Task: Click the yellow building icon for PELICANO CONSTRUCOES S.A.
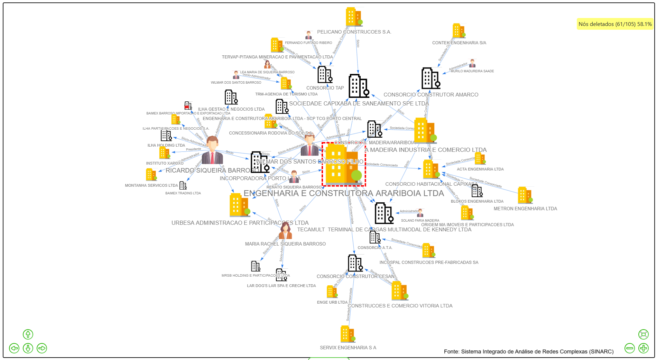click(353, 17)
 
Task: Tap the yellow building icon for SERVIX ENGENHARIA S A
click(347, 334)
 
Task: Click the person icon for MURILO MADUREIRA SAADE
click(472, 64)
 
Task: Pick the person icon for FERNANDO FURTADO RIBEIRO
click(308, 35)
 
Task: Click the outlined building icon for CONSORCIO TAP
click(325, 74)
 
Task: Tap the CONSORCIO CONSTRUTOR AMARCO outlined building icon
click(430, 79)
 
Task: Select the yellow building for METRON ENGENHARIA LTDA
click(525, 195)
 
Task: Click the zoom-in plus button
click(643, 348)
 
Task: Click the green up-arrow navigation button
click(28, 334)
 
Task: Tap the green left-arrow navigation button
click(14, 348)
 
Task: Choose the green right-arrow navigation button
click(42, 348)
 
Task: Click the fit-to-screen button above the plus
click(643, 334)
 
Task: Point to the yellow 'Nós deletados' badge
click(615, 24)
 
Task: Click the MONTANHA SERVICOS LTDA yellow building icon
click(151, 175)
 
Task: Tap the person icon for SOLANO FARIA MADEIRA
click(420, 213)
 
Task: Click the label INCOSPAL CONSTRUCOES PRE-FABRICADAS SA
click(429, 262)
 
